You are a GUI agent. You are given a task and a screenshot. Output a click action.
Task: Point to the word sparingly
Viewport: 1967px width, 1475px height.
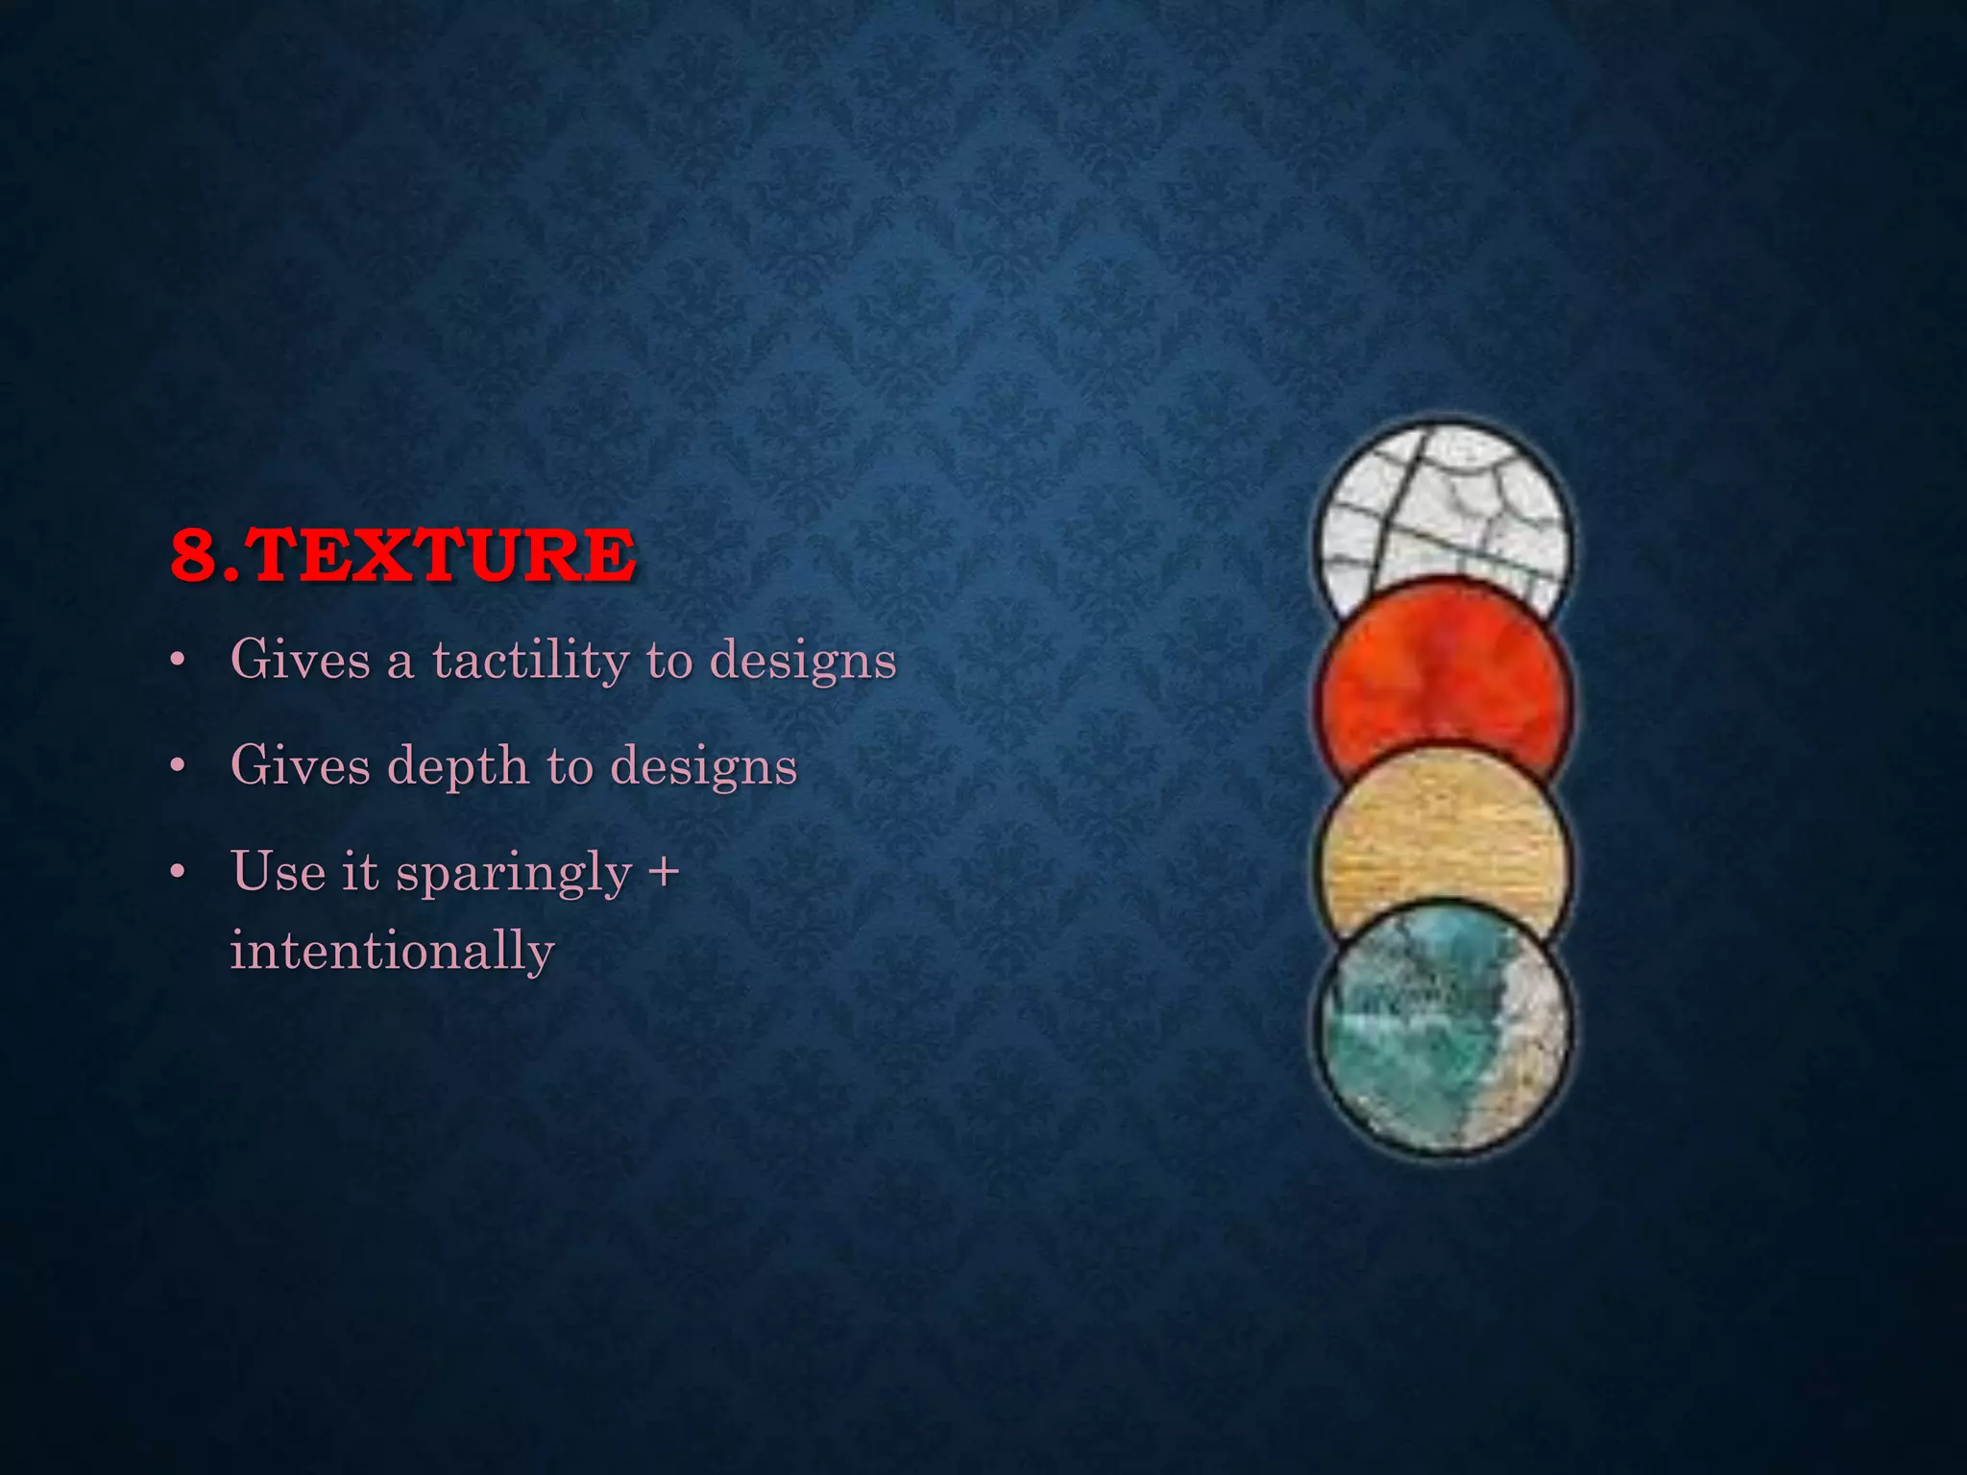point(514,874)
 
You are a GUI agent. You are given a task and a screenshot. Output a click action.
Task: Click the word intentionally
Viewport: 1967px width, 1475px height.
point(392,951)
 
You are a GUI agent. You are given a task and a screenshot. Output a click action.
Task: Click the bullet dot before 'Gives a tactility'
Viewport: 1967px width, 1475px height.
point(176,662)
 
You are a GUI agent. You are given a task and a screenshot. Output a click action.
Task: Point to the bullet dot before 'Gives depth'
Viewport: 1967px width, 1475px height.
point(176,767)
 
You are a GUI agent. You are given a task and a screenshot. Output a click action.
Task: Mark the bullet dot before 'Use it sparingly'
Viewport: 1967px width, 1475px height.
point(176,873)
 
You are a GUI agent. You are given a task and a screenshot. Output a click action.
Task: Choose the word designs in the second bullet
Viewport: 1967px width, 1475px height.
point(704,766)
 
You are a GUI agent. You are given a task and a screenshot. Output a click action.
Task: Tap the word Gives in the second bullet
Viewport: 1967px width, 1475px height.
point(300,765)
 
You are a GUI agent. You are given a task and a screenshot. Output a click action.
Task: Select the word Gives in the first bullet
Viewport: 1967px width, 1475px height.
point(300,660)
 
